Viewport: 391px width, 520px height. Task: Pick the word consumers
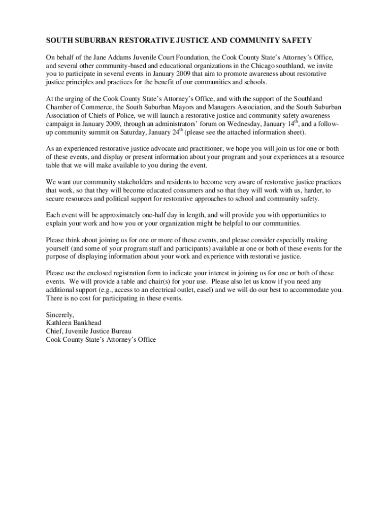(175, 190)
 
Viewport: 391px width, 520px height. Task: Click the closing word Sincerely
(60, 314)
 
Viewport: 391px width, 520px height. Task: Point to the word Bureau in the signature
(126, 331)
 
